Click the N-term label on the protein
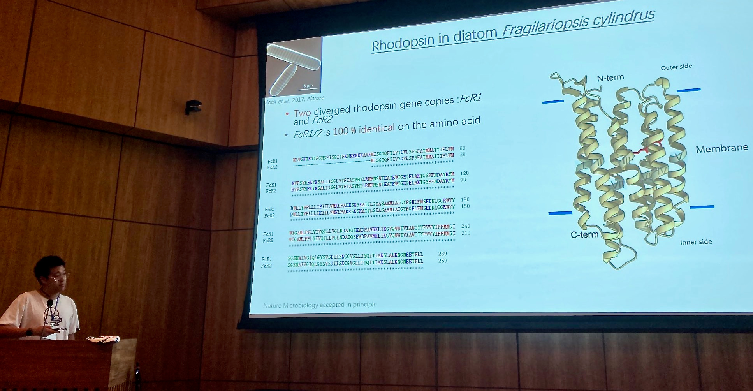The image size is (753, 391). click(x=610, y=78)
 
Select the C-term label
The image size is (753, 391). click(x=584, y=234)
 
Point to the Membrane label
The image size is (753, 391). click(x=721, y=148)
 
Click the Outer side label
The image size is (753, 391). click(x=676, y=67)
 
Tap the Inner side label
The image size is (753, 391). click(x=696, y=242)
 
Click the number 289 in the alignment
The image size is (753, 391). click(x=442, y=254)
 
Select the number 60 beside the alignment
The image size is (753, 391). click(x=462, y=148)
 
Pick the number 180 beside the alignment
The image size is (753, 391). click(x=465, y=200)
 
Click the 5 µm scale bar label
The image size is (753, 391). click(x=308, y=86)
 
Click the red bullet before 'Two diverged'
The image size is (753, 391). click(x=287, y=114)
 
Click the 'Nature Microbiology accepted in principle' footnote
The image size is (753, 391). click(x=320, y=305)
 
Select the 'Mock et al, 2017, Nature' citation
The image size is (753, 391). click(x=294, y=100)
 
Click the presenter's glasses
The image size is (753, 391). click(x=58, y=277)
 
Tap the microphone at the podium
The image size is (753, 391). click(x=49, y=304)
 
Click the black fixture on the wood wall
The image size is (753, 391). click(x=193, y=107)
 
